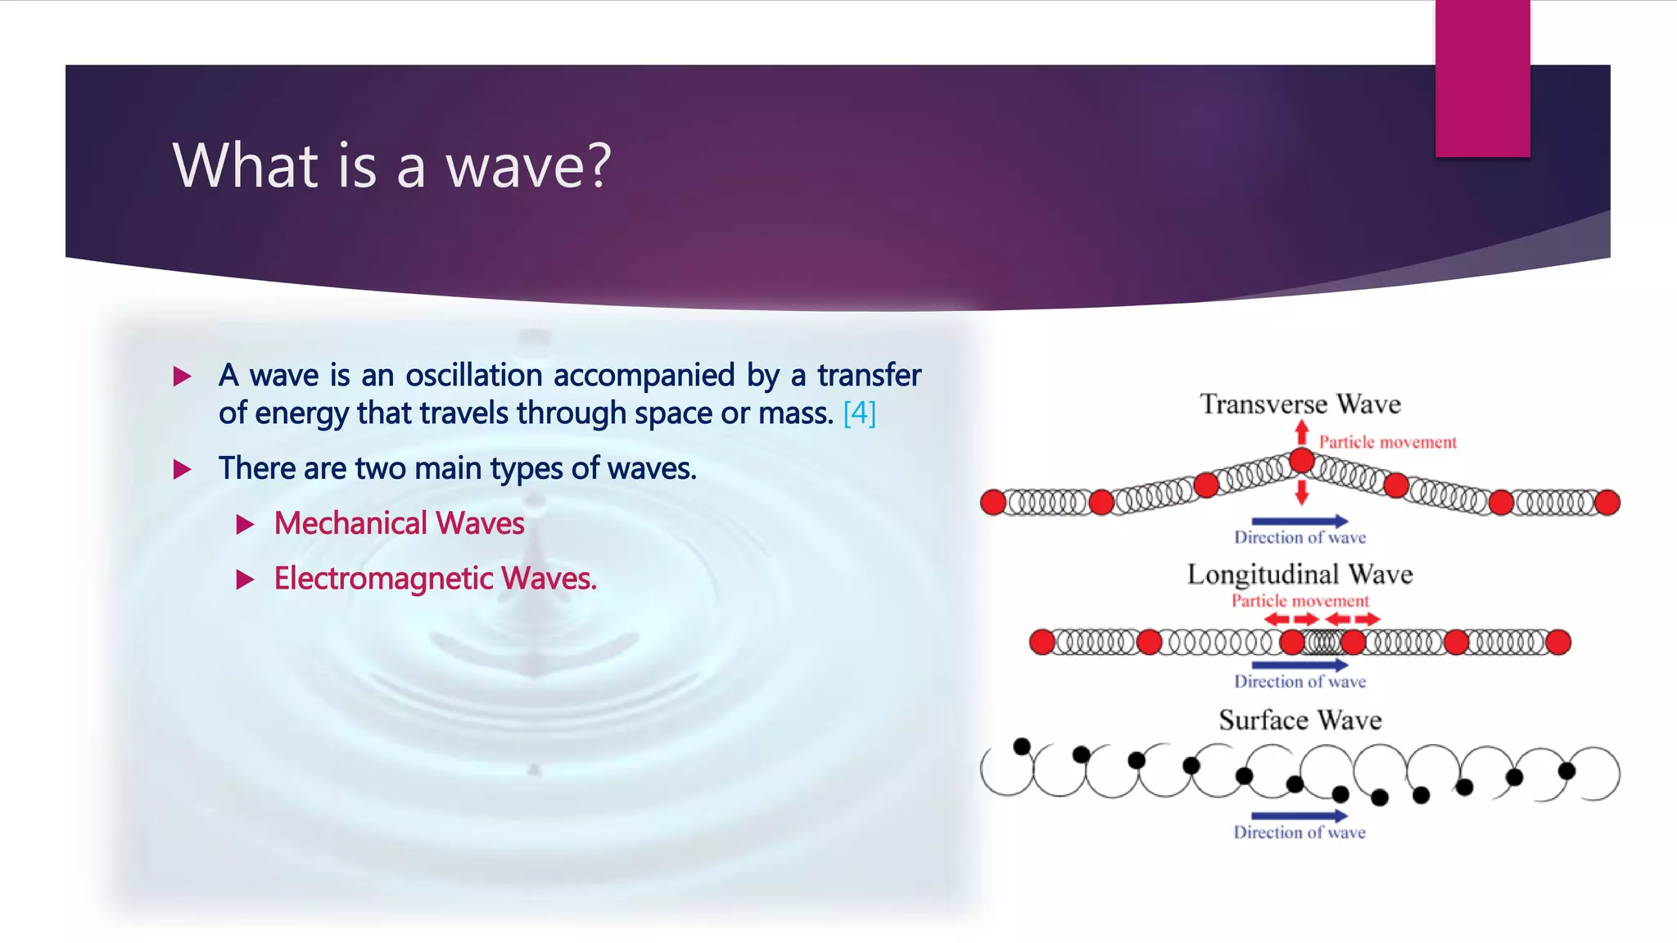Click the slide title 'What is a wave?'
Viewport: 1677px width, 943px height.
click(x=391, y=166)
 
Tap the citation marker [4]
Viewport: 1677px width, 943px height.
click(x=859, y=413)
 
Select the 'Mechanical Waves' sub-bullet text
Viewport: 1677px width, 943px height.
click(x=399, y=524)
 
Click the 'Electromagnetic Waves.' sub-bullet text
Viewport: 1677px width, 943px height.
click(x=435, y=579)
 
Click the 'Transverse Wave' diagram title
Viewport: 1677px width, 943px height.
click(x=1300, y=404)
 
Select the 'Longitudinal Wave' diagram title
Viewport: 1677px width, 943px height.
click(x=1300, y=575)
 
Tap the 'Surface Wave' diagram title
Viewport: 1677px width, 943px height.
click(x=1300, y=720)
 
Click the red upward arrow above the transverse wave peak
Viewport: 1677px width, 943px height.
click(x=1302, y=432)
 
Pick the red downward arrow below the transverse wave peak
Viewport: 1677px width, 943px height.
click(x=1302, y=493)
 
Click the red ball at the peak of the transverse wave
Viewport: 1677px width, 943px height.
click(x=1302, y=462)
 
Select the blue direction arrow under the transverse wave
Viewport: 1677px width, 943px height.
click(x=1300, y=521)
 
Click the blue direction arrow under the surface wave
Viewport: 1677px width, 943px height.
click(x=1300, y=816)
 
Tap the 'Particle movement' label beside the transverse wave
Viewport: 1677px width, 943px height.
click(x=1387, y=443)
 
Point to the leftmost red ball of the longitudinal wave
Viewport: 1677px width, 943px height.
click(x=1042, y=643)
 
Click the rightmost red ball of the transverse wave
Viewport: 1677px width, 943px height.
click(x=1607, y=503)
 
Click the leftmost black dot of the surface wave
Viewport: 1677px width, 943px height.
click(x=1022, y=747)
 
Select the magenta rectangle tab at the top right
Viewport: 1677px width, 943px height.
click(x=1482, y=79)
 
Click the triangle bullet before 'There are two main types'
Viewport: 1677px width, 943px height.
click(x=183, y=470)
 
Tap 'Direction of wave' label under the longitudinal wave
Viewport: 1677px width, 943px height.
click(x=1300, y=682)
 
